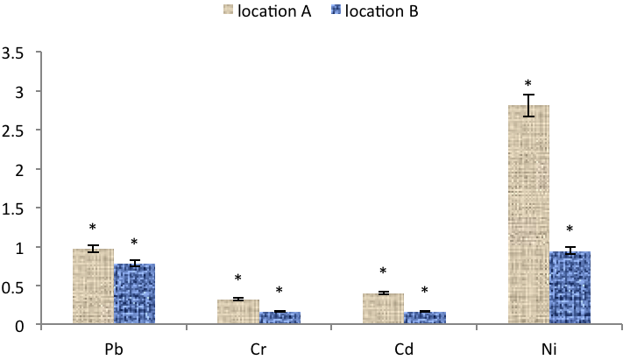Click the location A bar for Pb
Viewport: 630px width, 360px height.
(x=93, y=286)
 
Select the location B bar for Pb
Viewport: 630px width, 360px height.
(x=135, y=293)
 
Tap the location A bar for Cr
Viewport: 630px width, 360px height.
(x=238, y=311)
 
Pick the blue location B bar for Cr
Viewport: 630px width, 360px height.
(x=280, y=318)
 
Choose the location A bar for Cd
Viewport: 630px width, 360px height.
(x=383, y=308)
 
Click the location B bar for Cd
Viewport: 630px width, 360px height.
(x=425, y=318)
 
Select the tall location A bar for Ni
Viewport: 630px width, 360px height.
(x=528, y=215)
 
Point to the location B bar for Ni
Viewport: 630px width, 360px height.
(x=570, y=287)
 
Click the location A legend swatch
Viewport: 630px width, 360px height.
(x=228, y=10)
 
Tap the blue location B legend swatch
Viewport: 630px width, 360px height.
(x=336, y=10)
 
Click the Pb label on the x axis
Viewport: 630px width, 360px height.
(x=114, y=349)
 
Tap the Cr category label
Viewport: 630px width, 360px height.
(x=258, y=349)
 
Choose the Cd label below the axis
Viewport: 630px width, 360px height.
(x=404, y=349)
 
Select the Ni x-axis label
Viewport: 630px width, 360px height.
(x=549, y=349)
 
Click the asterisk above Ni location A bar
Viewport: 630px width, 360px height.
(x=528, y=83)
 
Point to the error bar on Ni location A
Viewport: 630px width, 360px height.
(x=528, y=105)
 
